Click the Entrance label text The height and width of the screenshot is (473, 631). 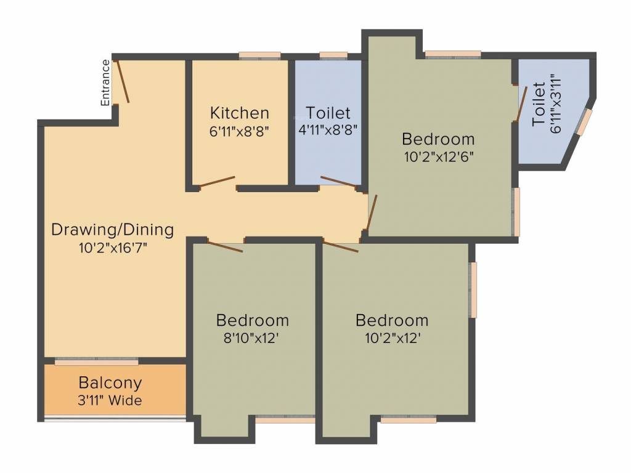(106, 82)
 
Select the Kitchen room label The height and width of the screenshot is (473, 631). (240, 113)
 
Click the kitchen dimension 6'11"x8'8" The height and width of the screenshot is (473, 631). (240, 130)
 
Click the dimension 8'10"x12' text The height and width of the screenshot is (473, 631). (252, 338)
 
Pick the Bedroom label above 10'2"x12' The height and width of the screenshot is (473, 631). (392, 321)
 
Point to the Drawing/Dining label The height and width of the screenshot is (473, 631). (112, 230)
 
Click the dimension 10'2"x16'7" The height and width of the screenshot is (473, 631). (112, 248)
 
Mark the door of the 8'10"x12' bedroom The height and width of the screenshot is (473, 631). (225, 246)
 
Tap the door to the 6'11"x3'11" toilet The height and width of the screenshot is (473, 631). (521, 103)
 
